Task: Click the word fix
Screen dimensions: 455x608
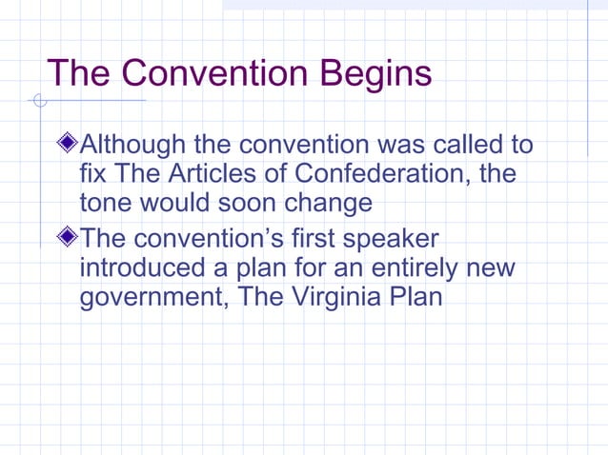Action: [92, 174]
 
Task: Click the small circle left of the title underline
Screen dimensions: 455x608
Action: [38, 100]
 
